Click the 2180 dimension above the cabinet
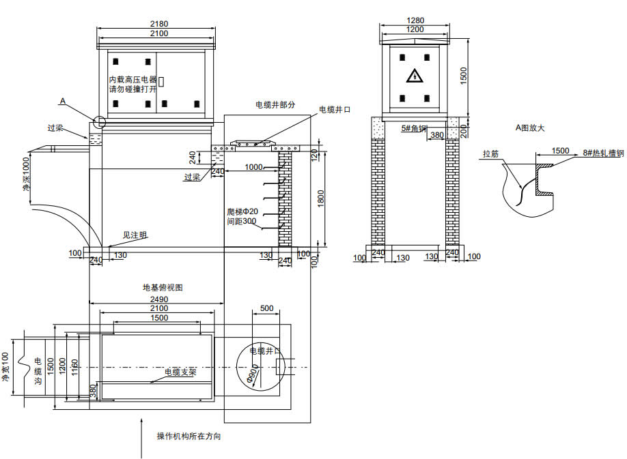click(158, 24)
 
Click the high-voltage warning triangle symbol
click(414, 76)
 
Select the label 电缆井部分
click(275, 105)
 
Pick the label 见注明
click(135, 235)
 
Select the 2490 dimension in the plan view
click(158, 299)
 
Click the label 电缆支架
click(180, 372)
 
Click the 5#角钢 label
click(414, 128)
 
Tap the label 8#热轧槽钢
click(601, 153)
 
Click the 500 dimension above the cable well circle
click(266, 308)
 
